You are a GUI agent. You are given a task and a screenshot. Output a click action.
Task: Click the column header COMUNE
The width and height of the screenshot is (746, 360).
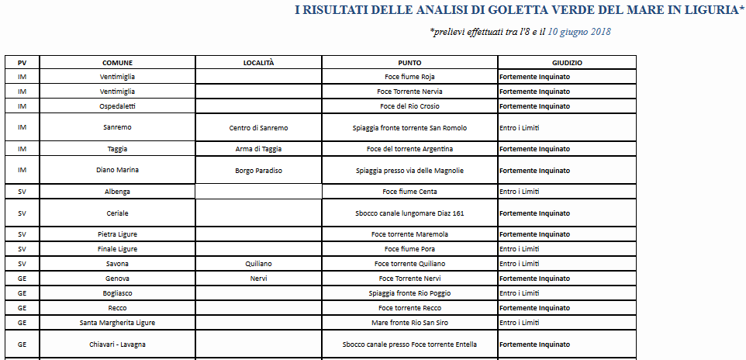click(117, 62)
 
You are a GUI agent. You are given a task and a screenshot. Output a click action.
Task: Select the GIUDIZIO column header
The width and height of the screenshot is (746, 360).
click(567, 62)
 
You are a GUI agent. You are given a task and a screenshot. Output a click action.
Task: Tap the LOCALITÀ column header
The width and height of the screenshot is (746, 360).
click(258, 62)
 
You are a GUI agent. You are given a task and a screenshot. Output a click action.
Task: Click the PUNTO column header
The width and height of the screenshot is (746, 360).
click(409, 62)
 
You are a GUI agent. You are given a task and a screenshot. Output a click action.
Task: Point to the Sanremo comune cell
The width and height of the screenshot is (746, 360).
click(117, 128)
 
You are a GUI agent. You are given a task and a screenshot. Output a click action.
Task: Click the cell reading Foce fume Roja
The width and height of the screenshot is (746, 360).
click(409, 77)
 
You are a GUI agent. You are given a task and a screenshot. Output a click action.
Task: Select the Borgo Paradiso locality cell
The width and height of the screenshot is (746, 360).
click(258, 171)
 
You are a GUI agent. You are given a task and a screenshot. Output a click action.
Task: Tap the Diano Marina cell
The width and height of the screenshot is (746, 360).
click(117, 171)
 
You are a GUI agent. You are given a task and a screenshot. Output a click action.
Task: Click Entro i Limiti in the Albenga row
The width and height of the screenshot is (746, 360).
click(519, 192)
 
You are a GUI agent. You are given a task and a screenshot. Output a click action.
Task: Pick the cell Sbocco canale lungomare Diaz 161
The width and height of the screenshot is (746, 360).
click(409, 213)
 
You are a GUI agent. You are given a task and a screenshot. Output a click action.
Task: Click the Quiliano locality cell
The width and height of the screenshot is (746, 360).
click(258, 264)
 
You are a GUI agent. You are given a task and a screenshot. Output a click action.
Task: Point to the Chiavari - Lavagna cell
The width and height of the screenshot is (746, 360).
click(117, 344)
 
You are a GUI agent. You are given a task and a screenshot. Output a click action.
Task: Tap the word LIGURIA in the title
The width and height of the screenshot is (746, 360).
click(706, 11)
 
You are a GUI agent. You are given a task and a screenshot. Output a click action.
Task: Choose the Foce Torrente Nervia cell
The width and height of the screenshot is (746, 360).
click(409, 92)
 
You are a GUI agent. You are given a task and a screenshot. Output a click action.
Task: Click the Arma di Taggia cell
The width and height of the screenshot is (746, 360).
click(258, 149)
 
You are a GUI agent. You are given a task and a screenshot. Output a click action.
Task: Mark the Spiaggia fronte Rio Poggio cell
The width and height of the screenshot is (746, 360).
click(409, 293)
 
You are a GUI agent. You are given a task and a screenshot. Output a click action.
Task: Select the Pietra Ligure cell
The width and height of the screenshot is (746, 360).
click(117, 234)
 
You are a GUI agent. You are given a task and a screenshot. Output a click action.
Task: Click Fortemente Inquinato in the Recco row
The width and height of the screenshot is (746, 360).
click(534, 308)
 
